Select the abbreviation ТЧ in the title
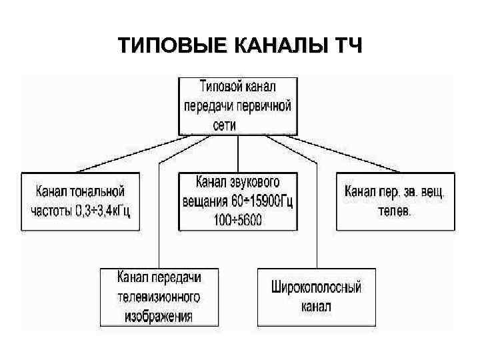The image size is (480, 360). tap(348, 47)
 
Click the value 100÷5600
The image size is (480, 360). tap(237, 219)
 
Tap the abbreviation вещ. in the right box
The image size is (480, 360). tap(434, 192)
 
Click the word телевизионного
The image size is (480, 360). tap(159, 296)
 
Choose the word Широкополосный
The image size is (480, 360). tap(316, 288)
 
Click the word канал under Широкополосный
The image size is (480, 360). tap(315, 307)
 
